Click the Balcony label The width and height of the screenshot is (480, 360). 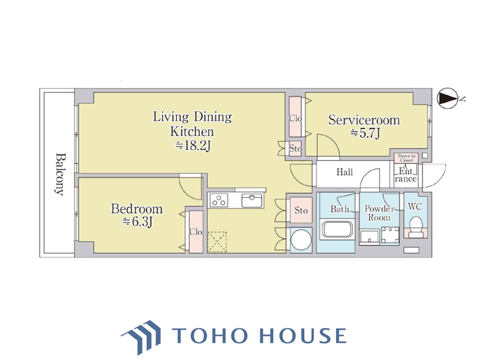(x=60, y=174)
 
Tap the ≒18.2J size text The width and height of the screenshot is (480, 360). (x=193, y=145)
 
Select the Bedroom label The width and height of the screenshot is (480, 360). (x=136, y=209)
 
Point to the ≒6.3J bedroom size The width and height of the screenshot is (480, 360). (x=137, y=221)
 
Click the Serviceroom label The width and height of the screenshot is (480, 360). (x=364, y=120)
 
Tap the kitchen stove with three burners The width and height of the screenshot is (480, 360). (x=219, y=200)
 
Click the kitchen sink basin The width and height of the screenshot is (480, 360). (x=251, y=201)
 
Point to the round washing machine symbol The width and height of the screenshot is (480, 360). (x=301, y=240)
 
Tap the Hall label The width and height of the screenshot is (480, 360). (x=344, y=172)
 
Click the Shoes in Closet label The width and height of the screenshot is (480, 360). (x=406, y=158)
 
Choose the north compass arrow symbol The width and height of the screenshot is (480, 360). (x=446, y=98)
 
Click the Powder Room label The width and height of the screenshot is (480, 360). (x=379, y=213)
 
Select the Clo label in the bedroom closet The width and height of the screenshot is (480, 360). (x=195, y=231)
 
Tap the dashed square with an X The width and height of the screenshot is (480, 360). (x=217, y=242)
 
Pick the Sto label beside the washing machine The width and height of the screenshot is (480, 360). (x=301, y=210)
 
